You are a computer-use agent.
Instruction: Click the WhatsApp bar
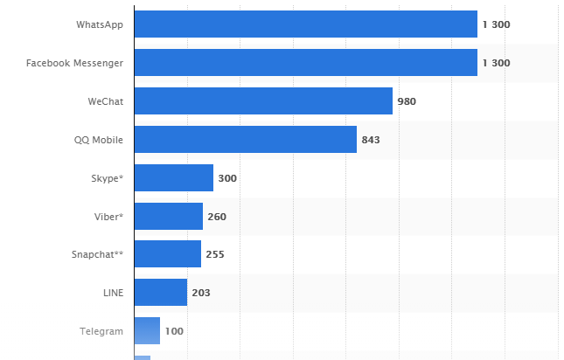pos(305,24)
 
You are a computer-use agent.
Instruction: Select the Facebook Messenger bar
pos(305,63)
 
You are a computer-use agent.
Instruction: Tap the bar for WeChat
pos(263,101)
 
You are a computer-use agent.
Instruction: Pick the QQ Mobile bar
pos(245,140)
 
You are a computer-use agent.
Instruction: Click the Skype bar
pos(173,178)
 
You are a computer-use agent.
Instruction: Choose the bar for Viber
pos(168,217)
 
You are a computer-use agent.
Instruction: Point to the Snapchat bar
pos(167,255)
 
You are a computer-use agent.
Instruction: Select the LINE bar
pos(160,293)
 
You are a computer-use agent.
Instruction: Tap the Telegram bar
pos(147,331)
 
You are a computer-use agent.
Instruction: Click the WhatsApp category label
pos(99,24)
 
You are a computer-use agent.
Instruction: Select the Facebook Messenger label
pos(74,63)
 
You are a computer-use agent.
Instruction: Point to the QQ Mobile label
pos(99,140)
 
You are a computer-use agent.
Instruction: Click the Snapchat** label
pos(97,255)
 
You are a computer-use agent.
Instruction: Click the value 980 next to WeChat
pos(407,101)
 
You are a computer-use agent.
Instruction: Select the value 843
pos(371,140)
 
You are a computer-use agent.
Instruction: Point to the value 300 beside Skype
pos(227,178)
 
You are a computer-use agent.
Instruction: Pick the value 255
pos(215,255)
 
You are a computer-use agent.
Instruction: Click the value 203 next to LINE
pos(201,293)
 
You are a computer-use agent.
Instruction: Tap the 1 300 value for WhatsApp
pos(496,24)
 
